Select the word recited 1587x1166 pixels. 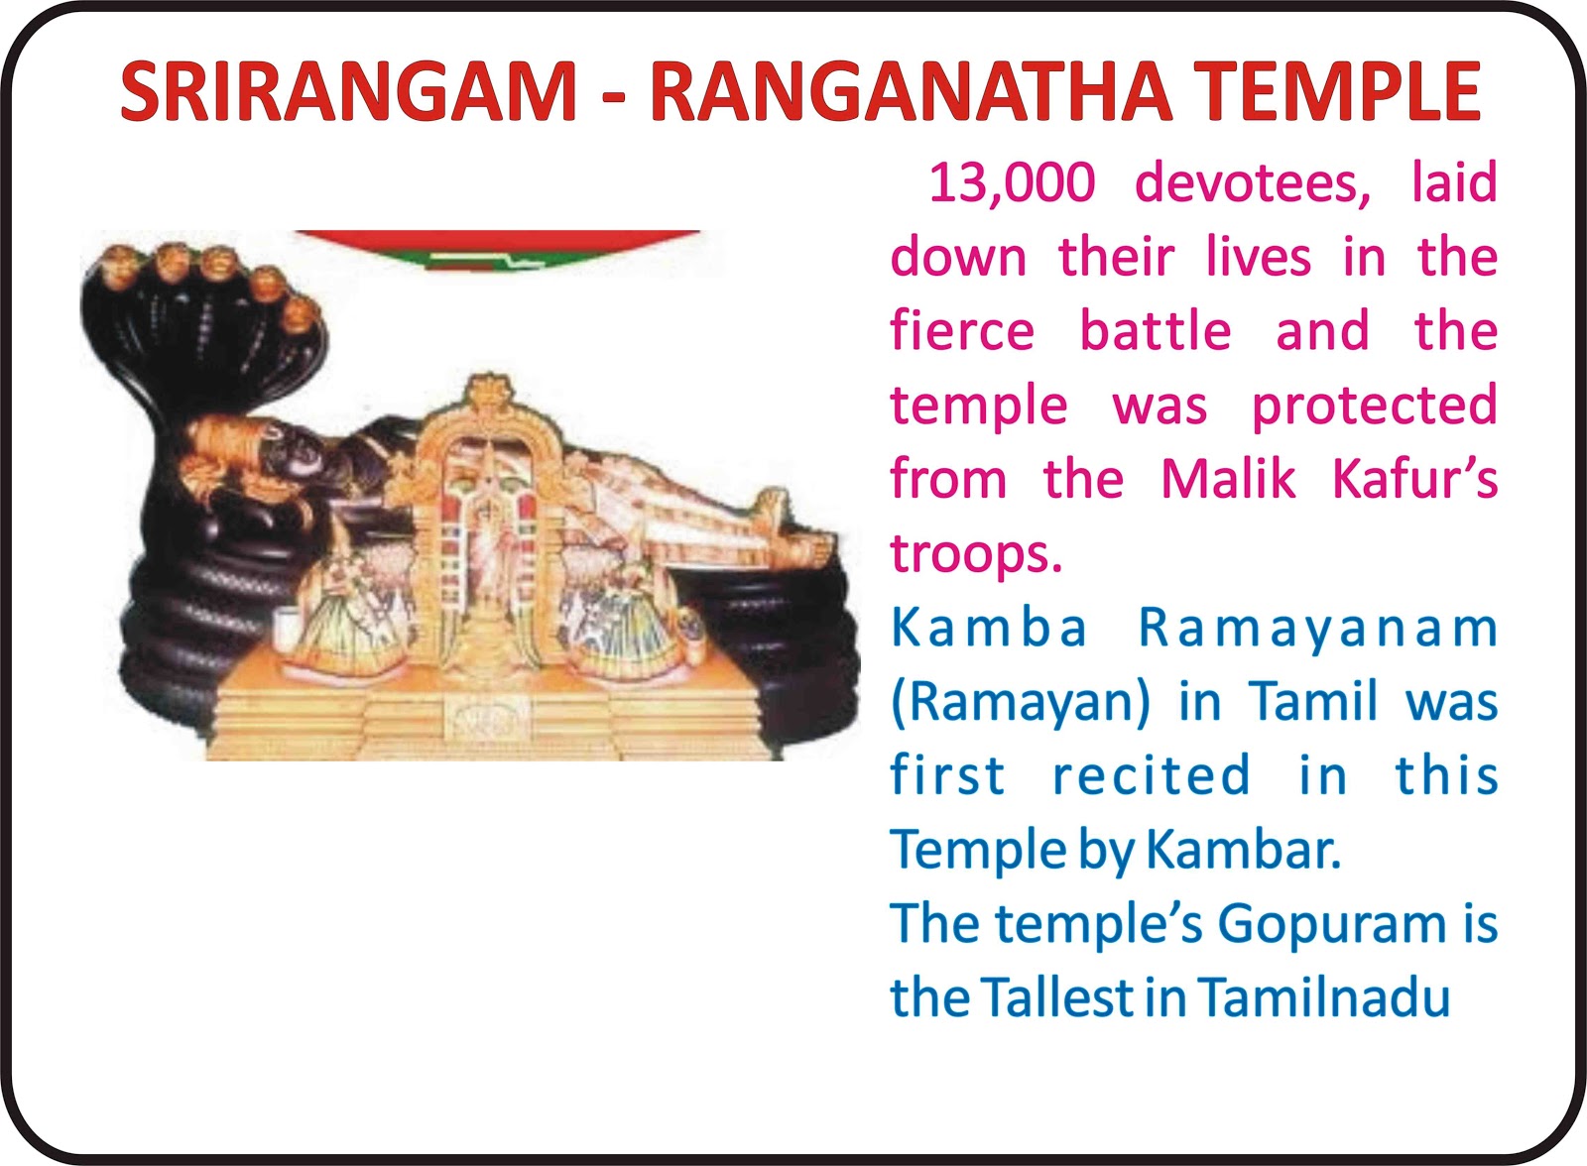(x=1152, y=775)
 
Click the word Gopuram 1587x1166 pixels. (x=1333, y=926)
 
